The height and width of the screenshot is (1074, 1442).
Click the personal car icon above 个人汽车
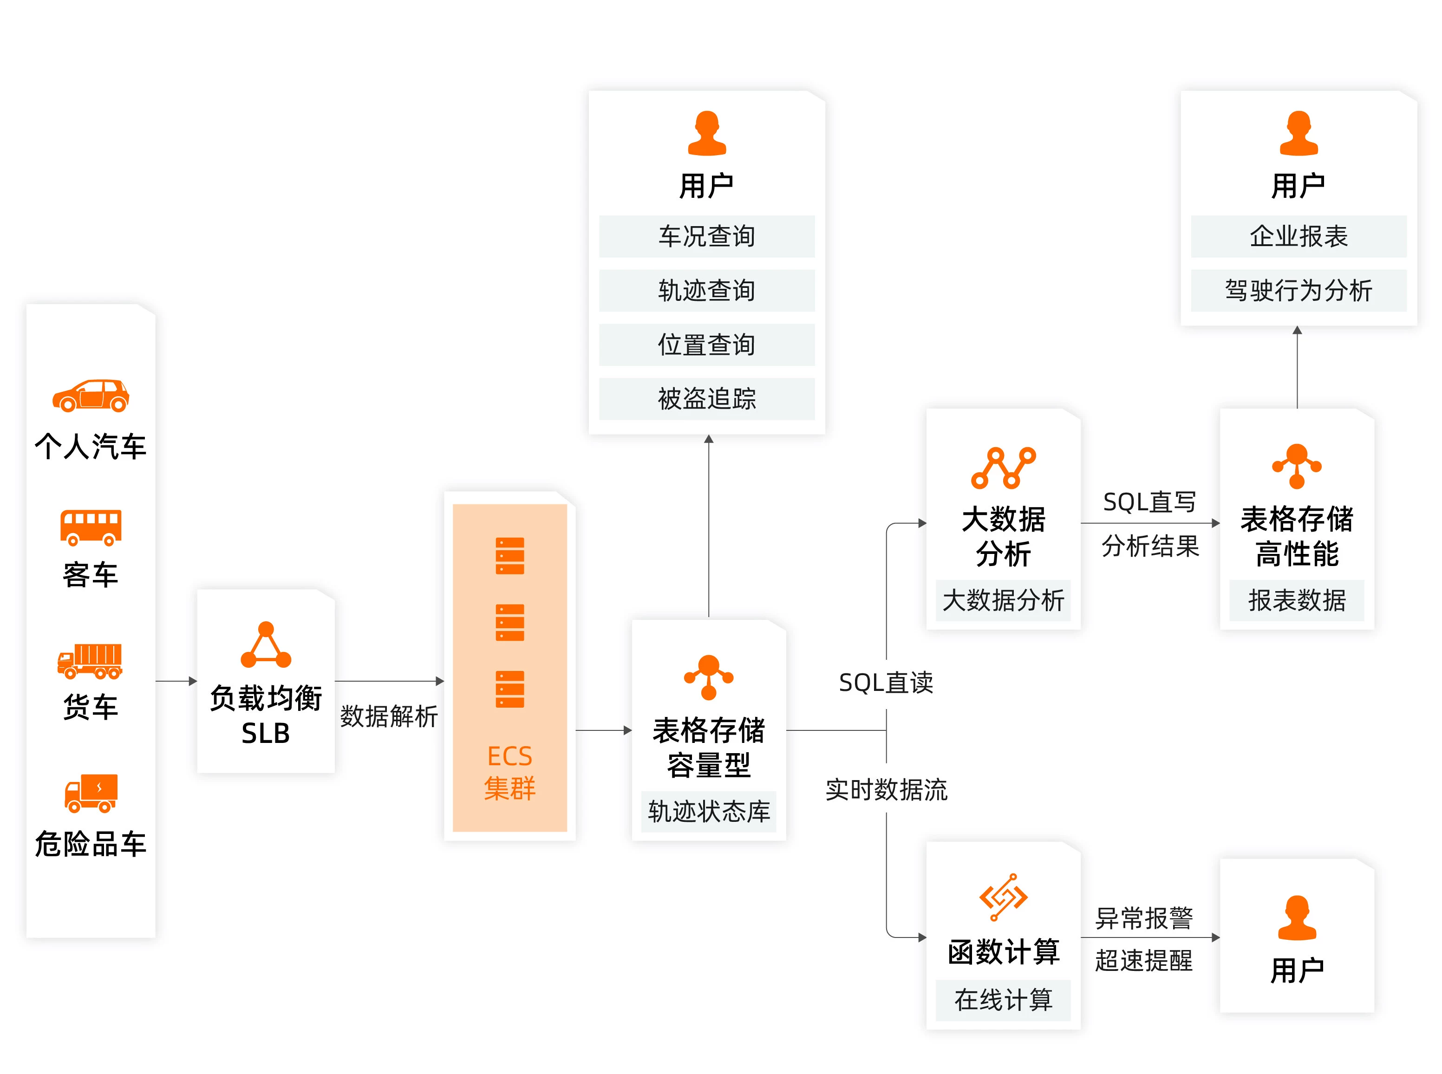pos(91,395)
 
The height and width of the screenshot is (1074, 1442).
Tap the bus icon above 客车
pos(91,527)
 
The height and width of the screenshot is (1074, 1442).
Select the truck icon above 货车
pos(90,661)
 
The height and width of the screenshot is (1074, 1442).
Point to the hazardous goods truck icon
pos(91,793)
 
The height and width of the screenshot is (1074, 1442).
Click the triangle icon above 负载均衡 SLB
pos(266,645)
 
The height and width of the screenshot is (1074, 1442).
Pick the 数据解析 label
pos(389,716)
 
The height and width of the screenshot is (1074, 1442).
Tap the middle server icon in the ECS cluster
pos(510,622)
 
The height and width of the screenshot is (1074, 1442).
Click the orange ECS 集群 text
pos(510,772)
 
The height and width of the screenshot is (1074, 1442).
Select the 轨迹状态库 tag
pos(709,811)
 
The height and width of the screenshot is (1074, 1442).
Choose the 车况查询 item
pos(707,236)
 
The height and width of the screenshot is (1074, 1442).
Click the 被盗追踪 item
pos(707,398)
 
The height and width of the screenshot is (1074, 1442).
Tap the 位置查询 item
pos(707,345)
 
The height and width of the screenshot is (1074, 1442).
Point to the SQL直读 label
pos(886,683)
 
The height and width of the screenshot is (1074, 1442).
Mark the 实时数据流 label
pos(886,790)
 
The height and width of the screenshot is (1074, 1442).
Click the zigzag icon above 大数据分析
pos(1003,468)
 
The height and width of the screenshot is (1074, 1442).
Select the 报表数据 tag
pos(1296,600)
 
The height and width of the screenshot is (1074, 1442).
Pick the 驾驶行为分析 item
pos(1298,291)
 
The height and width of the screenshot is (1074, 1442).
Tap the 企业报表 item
pos(1298,236)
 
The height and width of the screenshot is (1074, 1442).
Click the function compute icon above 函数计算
pos(1003,897)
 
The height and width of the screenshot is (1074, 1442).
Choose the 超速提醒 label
pos(1143,960)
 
